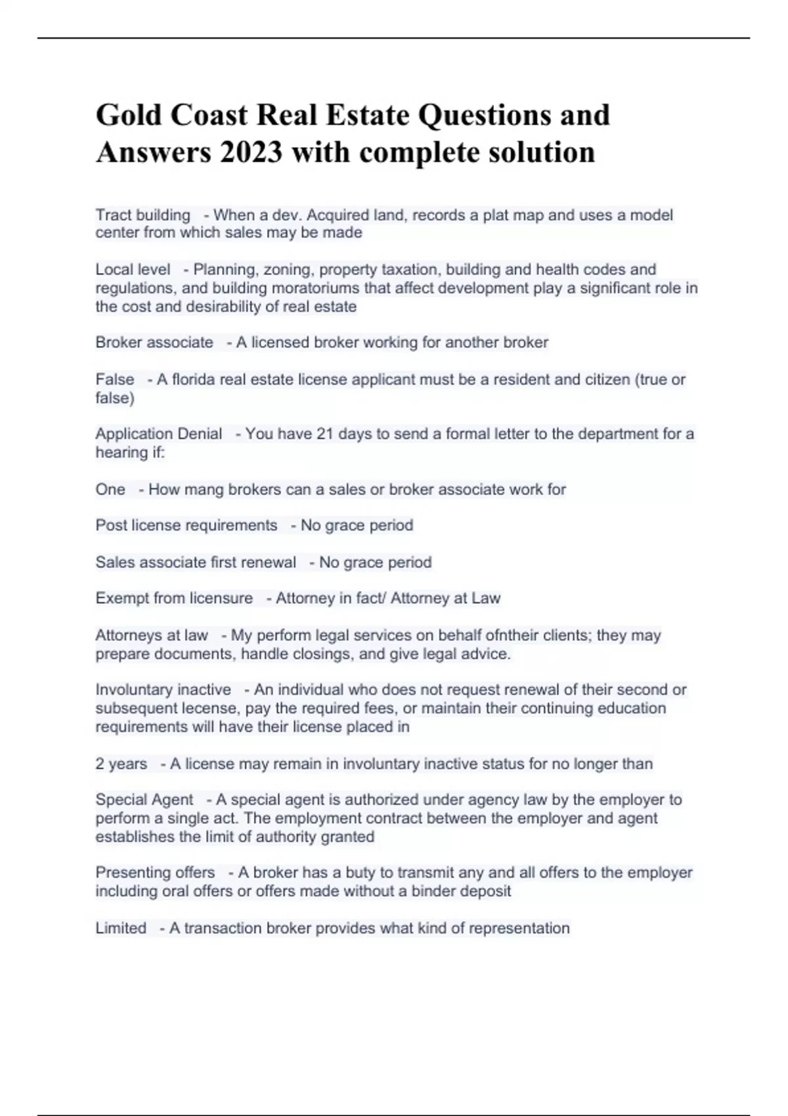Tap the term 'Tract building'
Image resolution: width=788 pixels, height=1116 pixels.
tap(142, 215)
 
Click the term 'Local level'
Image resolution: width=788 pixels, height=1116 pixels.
tap(133, 269)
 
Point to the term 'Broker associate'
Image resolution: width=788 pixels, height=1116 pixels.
tap(154, 342)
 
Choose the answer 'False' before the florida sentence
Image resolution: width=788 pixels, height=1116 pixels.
tap(115, 379)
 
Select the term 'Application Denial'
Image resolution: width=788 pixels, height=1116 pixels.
tap(159, 434)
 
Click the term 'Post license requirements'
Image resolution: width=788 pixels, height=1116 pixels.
tap(186, 525)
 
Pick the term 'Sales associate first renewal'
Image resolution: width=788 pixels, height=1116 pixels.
tap(196, 563)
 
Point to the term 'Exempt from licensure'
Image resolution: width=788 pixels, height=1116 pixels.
tap(174, 598)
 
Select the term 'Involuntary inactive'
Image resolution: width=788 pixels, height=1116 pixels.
tap(163, 690)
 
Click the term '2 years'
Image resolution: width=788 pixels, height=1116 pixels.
tap(121, 764)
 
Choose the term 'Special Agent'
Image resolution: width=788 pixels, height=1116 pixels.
tap(144, 800)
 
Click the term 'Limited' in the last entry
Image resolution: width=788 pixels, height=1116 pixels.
tap(121, 928)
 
